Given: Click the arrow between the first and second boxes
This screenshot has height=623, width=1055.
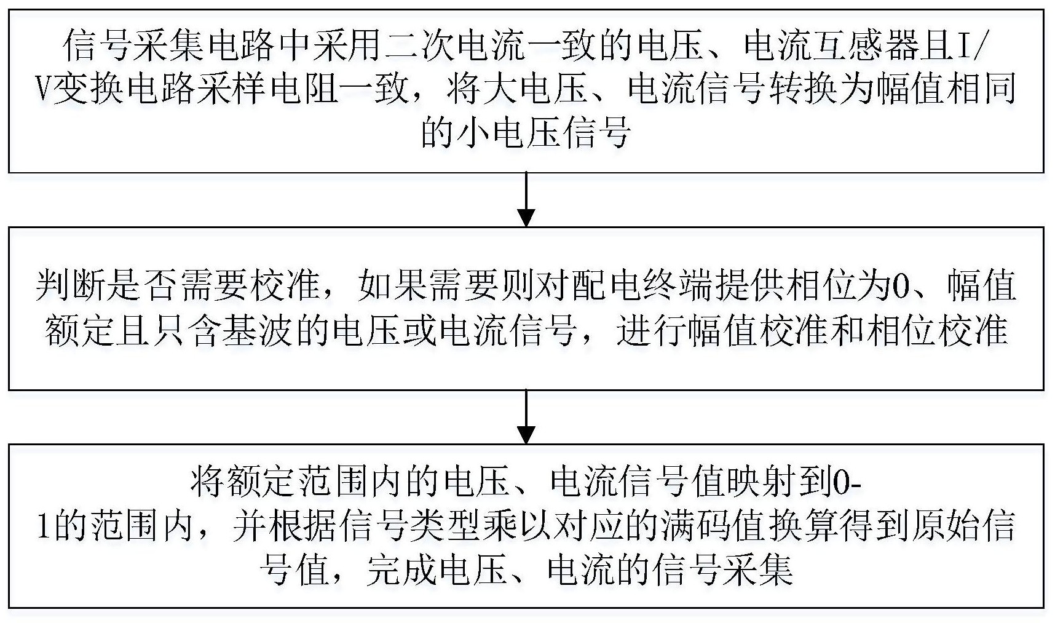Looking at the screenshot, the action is pyautogui.click(x=526, y=199).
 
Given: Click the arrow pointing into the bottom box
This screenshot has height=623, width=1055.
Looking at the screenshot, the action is pyautogui.click(x=526, y=416).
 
